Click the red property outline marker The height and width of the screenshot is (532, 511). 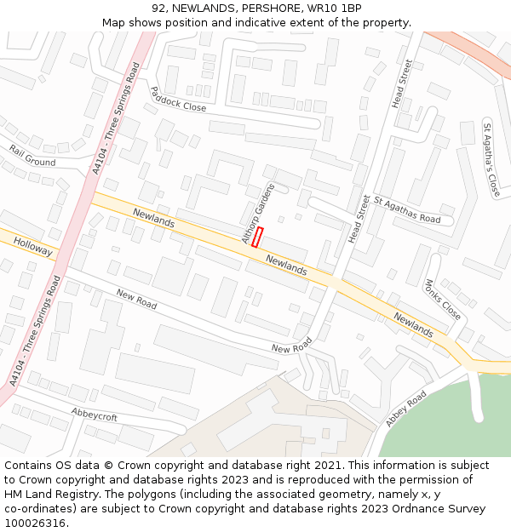(x=257, y=237)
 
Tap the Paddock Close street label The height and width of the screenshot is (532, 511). (x=178, y=99)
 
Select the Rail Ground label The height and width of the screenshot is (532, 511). (x=32, y=156)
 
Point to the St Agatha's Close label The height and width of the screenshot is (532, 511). (x=491, y=159)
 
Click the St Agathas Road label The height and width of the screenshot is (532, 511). (x=407, y=209)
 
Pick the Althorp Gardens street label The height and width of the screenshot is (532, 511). (x=259, y=214)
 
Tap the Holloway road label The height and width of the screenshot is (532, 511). (x=33, y=247)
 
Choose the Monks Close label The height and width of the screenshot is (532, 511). (x=442, y=300)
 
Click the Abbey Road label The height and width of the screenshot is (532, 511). (x=406, y=409)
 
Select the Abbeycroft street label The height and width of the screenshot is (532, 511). (x=94, y=416)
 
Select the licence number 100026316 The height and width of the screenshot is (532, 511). (x=35, y=523)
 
